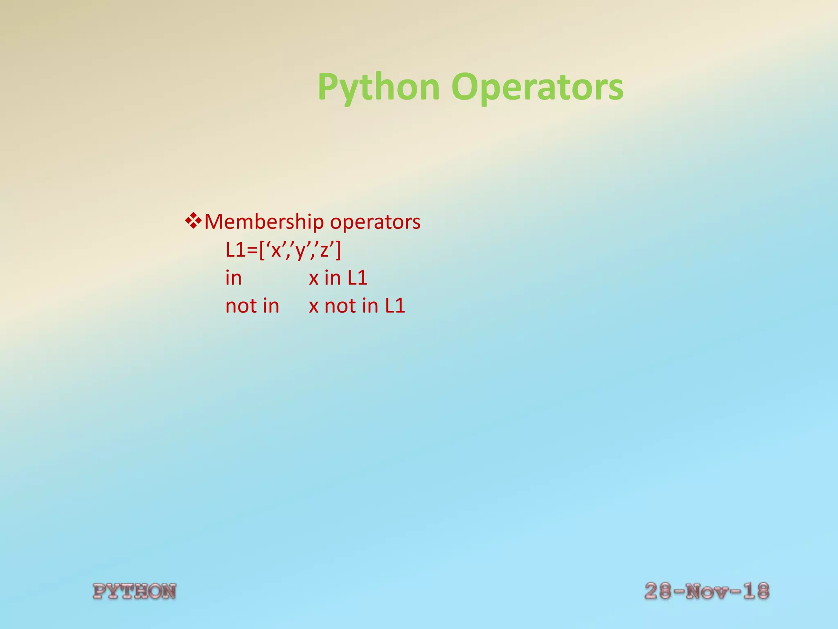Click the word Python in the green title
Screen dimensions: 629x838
click(x=378, y=87)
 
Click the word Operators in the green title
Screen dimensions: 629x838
click(x=537, y=87)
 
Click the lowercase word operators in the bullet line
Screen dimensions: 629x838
click(x=375, y=222)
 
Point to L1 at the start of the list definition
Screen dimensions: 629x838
click(x=236, y=250)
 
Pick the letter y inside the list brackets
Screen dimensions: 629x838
click(x=300, y=251)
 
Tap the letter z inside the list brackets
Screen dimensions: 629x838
click(x=324, y=251)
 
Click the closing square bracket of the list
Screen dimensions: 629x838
click(x=338, y=251)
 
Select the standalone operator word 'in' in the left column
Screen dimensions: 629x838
click(x=233, y=278)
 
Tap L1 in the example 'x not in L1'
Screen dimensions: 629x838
click(x=395, y=306)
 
